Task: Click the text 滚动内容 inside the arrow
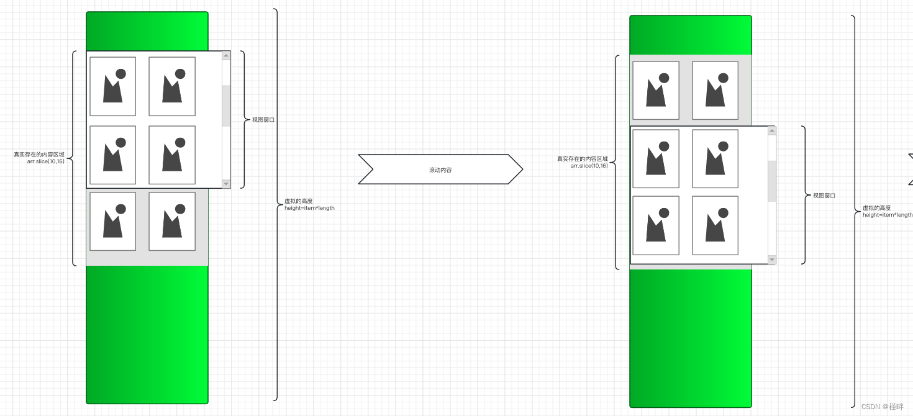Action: point(440,170)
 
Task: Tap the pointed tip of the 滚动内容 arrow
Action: point(522,169)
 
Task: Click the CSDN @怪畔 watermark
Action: point(883,407)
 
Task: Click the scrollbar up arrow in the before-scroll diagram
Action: point(226,55)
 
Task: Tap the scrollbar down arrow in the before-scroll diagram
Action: point(226,184)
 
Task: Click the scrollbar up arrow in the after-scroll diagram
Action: point(772,131)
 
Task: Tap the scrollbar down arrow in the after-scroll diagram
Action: point(772,260)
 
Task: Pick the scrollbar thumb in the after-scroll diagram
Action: point(772,181)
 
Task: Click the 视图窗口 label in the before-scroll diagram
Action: point(263,120)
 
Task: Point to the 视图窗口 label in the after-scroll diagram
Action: point(824,196)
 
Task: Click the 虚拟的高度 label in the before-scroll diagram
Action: point(298,201)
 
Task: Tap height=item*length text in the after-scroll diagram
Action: point(888,215)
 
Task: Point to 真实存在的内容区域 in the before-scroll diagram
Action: point(39,155)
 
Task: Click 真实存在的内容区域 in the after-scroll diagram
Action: point(583,159)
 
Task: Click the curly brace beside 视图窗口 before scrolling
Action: point(243,119)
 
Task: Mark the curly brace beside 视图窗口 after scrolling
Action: point(804,195)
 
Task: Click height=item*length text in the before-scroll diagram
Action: point(309,208)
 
